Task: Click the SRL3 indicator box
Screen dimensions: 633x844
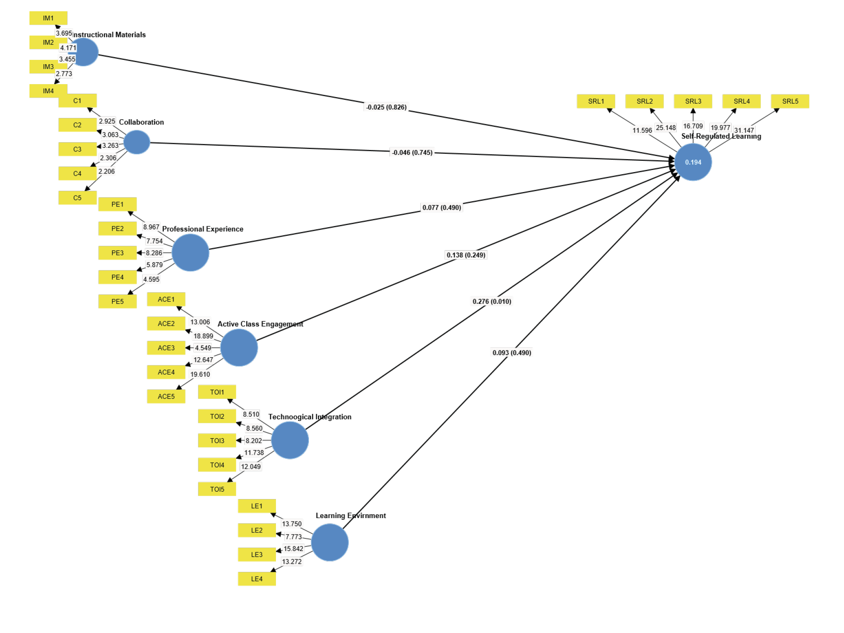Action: pyautogui.click(x=693, y=101)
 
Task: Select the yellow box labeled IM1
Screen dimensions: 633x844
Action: pyautogui.click(x=48, y=18)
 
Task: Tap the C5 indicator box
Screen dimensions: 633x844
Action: pyautogui.click(x=77, y=198)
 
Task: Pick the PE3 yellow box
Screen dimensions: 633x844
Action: pyautogui.click(x=117, y=253)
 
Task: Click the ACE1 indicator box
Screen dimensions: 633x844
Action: pyautogui.click(x=166, y=299)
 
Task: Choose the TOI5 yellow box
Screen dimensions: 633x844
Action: pyautogui.click(x=217, y=489)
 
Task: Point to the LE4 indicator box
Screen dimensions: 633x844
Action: pyautogui.click(x=256, y=579)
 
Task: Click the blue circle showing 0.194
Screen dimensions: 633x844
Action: pyautogui.click(x=693, y=162)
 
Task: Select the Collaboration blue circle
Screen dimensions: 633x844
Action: pyautogui.click(x=136, y=142)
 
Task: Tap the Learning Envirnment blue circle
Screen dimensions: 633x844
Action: pyautogui.click(x=330, y=542)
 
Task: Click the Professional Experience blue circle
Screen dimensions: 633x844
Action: pyautogui.click(x=190, y=253)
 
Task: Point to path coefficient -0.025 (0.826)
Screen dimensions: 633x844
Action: pyautogui.click(x=386, y=107)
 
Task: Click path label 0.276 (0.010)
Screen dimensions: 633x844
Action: pyautogui.click(x=492, y=301)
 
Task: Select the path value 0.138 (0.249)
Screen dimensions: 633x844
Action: pyautogui.click(x=466, y=255)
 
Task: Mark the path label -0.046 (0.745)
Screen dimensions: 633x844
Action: pyautogui.click(x=412, y=153)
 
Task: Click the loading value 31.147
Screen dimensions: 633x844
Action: pyautogui.click(x=744, y=130)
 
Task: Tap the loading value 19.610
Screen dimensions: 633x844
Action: pyautogui.click(x=200, y=374)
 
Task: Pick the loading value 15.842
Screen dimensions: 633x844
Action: pyautogui.click(x=293, y=548)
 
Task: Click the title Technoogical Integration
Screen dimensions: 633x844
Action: pyautogui.click(x=310, y=417)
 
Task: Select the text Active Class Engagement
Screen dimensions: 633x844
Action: pyautogui.click(x=260, y=324)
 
